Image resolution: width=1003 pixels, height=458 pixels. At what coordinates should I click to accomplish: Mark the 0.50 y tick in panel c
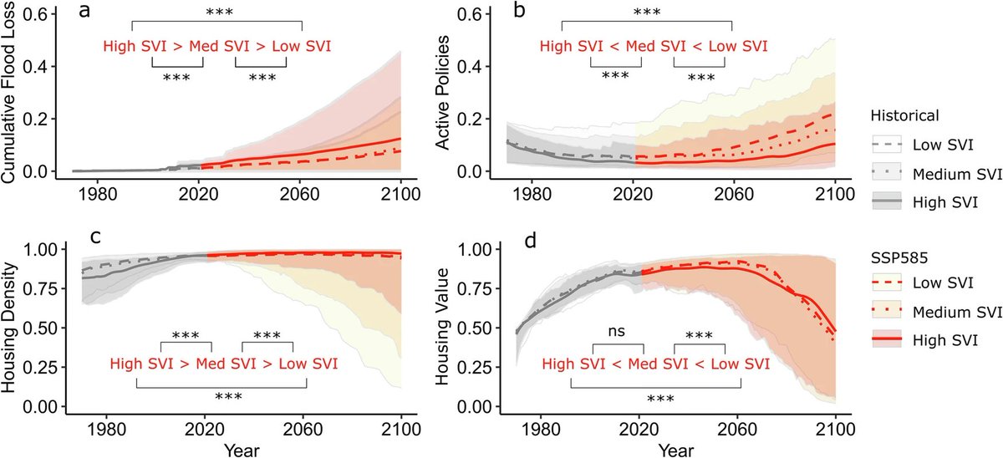tap(46, 328)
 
